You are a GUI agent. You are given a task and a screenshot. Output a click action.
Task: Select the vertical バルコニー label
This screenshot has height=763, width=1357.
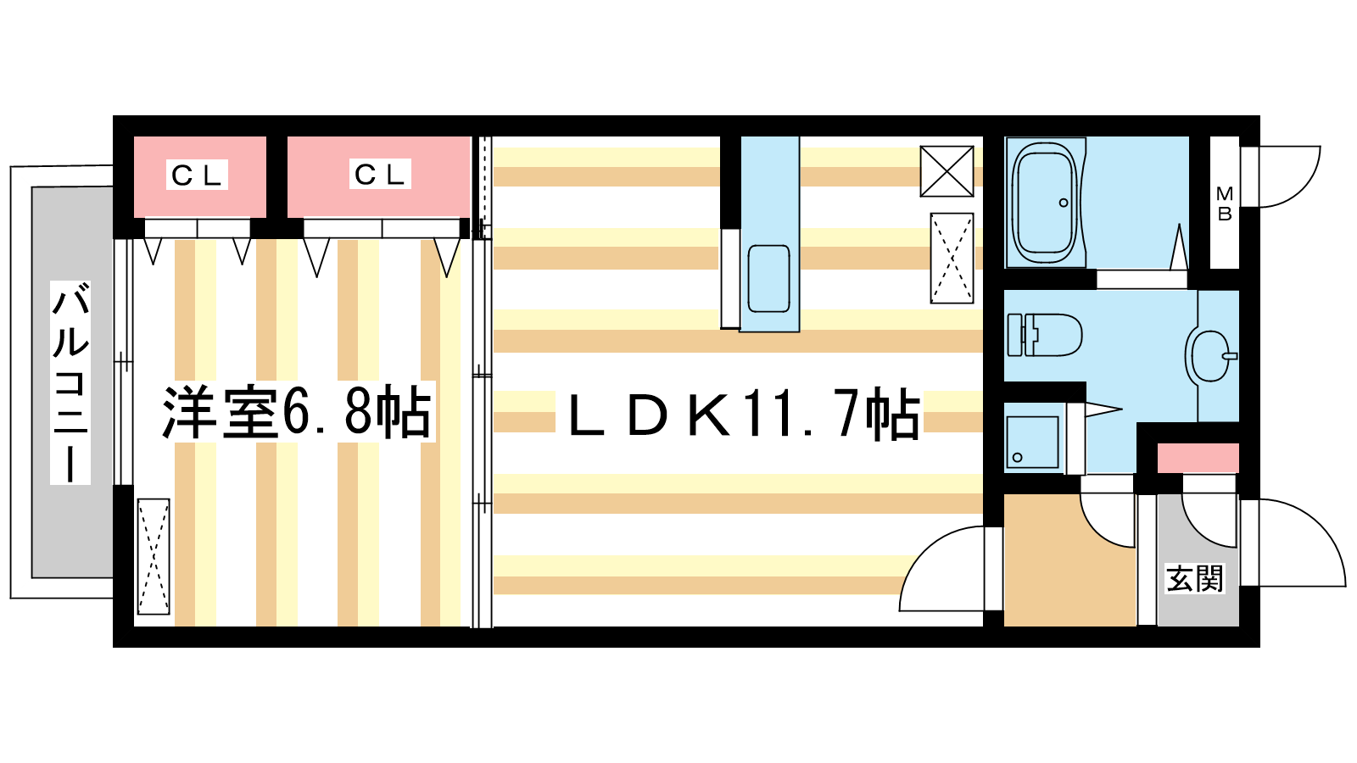pos(70,382)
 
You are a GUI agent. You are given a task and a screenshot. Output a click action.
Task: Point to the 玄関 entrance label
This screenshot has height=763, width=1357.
pos(1195,578)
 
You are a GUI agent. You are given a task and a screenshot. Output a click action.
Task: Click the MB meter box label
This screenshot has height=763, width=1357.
pos(1225,203)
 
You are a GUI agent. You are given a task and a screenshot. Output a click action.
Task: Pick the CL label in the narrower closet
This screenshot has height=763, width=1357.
pos(196,175)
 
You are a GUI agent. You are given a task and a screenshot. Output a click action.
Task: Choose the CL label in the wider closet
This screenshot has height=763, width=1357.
pos(379,175)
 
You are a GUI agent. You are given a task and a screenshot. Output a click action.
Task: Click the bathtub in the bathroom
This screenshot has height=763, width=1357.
pos(1045,203)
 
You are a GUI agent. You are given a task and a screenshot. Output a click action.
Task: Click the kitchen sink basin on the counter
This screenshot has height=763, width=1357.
pos(768,279)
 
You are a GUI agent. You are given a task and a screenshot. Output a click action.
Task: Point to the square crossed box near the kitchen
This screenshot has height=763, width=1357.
pos(947,171)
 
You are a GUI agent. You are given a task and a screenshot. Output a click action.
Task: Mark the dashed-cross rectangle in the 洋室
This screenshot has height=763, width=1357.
pos(154,556)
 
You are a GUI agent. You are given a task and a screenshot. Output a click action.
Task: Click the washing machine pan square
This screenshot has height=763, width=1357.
pos(1032,442)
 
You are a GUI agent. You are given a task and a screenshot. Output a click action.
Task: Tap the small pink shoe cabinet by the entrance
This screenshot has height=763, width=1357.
pos(1198,458)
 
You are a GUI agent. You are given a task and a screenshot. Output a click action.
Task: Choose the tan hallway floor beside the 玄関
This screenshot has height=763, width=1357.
pos(1069,566)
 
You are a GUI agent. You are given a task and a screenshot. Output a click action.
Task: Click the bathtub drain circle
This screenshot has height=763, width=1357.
pos(1064,203)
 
